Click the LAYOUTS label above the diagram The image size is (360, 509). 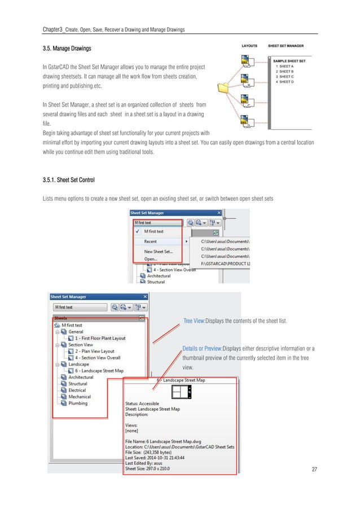click(x=249, y=46)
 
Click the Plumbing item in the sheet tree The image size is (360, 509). click(x=78, y=403)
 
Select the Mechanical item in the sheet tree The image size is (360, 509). click(x=80, y=397)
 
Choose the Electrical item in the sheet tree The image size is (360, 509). click(x=77, y=390)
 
